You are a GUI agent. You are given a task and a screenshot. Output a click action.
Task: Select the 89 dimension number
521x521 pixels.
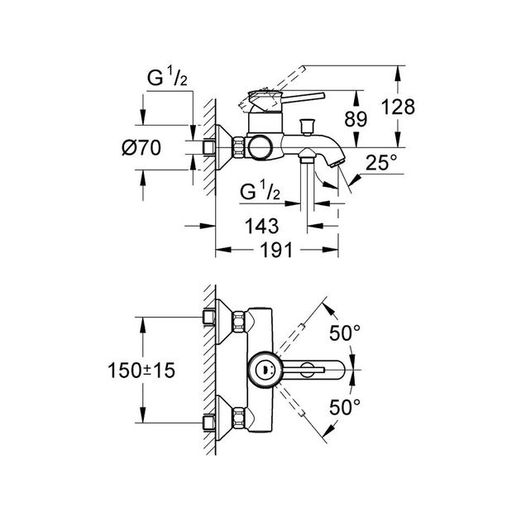click(x=356, y=119)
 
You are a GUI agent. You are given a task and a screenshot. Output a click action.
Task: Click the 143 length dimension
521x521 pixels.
click(x=260, y=225)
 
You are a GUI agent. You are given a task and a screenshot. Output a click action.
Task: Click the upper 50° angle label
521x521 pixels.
click(x=346, y=334)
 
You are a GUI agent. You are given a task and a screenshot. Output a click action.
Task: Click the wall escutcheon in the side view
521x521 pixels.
click(x=219, y=147)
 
